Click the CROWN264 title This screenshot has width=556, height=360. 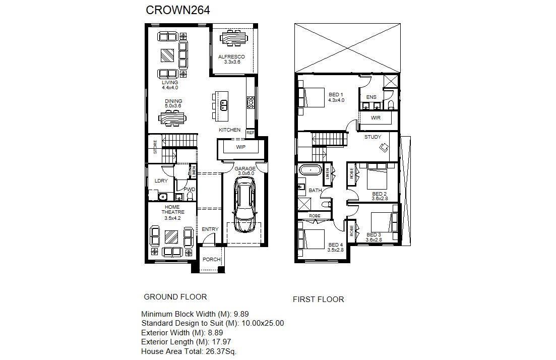[x=177, y=10]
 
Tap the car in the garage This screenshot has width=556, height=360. [x=244, y=205]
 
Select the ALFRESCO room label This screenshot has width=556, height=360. [x=231, y=57]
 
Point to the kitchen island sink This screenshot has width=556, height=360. [x=224, y=105]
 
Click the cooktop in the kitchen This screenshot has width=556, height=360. [x=251, y=102]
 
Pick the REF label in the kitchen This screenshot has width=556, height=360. [x=251, y=133]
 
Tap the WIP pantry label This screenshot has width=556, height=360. [x=241, y=147]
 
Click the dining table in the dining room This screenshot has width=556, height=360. [x=173, y=118]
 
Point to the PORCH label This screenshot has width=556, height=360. [x=212, y=259]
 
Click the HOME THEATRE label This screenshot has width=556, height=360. [x=173, y=209]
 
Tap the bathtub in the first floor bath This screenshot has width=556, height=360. [x=311, y=170]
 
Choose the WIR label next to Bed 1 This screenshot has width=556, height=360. [x=376, y=118]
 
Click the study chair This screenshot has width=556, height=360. [x=384, y=147]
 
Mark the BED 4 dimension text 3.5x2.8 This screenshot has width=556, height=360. [x=335, y=250]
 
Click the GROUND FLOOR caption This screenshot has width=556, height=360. [x=175, y=297]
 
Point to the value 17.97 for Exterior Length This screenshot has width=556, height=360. [x=222, y=342]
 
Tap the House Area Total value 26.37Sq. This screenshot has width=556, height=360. [x=220, y=351]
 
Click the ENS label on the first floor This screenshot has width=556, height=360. [x=372, y=97]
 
